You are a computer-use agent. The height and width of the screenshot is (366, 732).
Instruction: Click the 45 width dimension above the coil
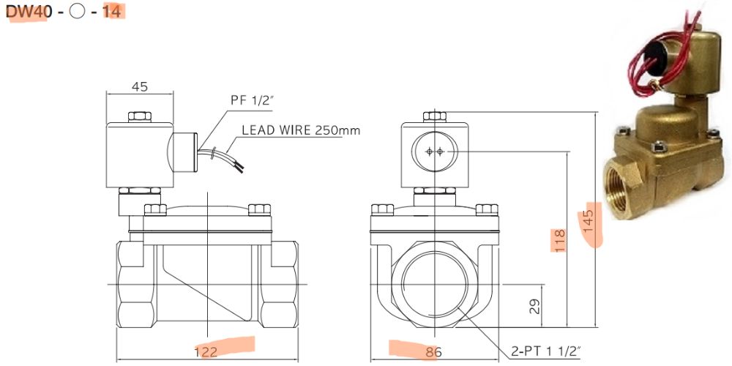point(139,86)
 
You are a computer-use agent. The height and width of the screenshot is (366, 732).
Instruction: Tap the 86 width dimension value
point(433,352)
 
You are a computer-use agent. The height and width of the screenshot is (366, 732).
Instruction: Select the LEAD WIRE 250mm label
point(300,130)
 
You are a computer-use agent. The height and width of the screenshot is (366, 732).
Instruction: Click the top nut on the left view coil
point(139,117)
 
